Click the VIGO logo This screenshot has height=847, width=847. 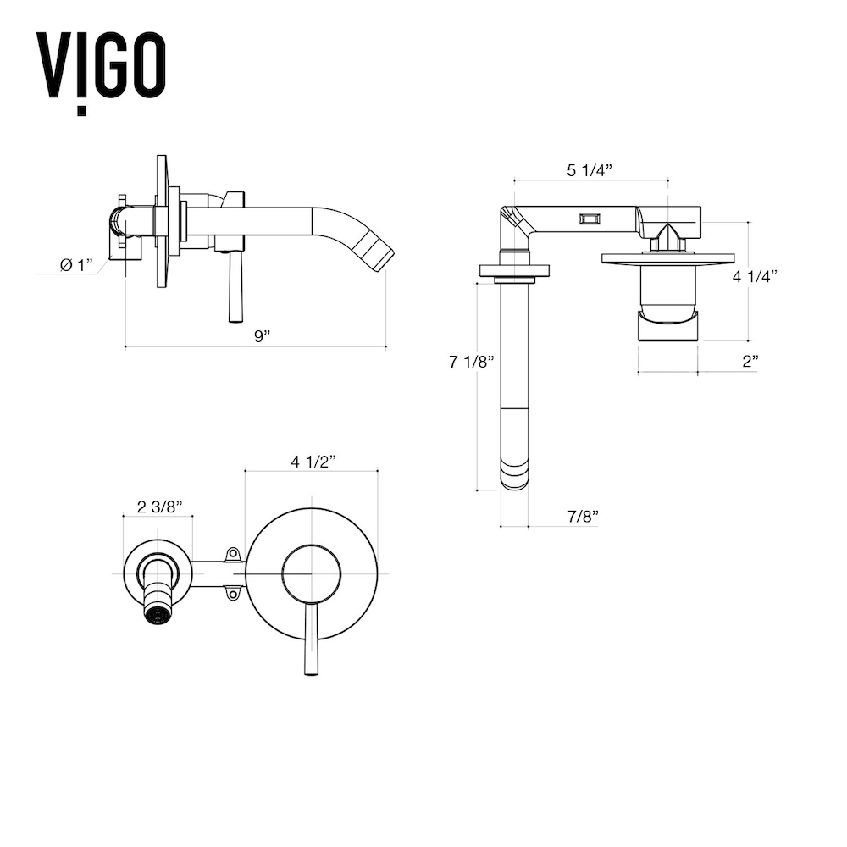pos(101,72)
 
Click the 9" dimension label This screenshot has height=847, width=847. pos(262,336)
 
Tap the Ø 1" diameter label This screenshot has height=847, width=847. pos(76,265)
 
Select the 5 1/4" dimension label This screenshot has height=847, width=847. pos(590,170)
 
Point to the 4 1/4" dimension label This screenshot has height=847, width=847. pos(755,276)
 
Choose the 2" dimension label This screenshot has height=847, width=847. pos(750,362)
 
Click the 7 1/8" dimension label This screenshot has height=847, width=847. pos(472,362)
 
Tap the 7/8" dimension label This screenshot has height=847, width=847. pos(583,517)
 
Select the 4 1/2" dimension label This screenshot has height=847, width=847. pos(313,462)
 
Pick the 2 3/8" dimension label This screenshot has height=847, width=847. pos(159,507)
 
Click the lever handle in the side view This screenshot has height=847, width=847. pos(235,287)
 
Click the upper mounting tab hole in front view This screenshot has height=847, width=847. pos(233,554)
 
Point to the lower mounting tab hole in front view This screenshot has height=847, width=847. pos(233,595)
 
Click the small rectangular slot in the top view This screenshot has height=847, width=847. pos(590,219)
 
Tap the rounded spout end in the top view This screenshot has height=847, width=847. pos(515,474)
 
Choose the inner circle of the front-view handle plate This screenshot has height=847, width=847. pos(312,573)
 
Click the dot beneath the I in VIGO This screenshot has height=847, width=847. pos(81,111)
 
